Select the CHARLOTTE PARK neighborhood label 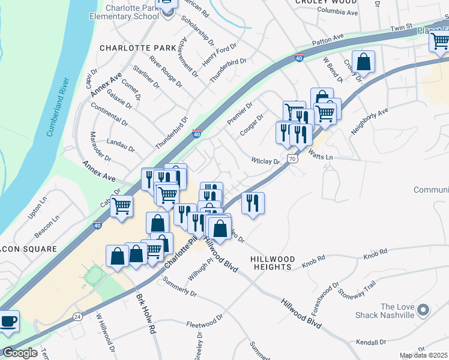[137, 47]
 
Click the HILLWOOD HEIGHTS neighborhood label [273, 263]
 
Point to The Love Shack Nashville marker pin [423, 310]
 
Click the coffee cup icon [9, 321]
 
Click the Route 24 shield [77, 316]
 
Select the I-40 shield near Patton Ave [299, 58]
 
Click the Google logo [19, 353]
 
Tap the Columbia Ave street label [337, 12]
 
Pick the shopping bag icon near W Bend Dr [363, 61]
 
